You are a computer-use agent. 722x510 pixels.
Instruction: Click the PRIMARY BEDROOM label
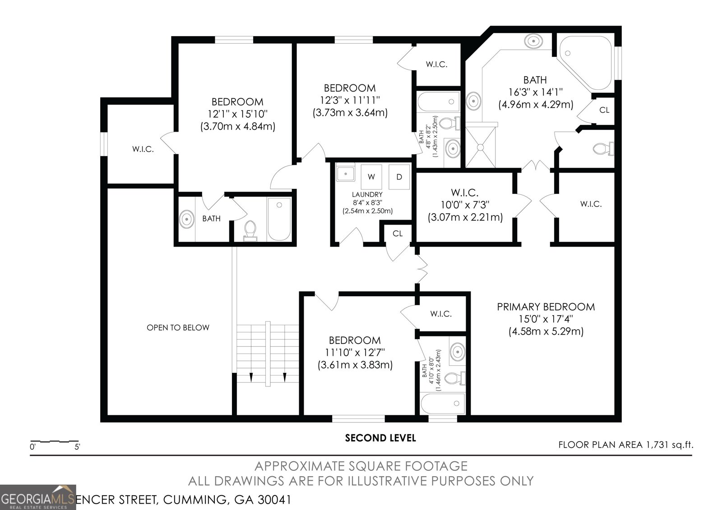click(546, 307)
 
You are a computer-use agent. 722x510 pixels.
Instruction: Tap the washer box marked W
click(371, 177)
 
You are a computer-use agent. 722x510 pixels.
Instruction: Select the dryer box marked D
click(399, 177)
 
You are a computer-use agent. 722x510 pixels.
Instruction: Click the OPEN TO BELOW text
click(178, 328)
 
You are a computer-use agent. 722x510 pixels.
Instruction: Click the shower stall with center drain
click(480, 146)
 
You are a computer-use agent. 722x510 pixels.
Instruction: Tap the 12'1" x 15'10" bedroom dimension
click(237, 114)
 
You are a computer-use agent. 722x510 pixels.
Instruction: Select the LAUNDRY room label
click(367, 195)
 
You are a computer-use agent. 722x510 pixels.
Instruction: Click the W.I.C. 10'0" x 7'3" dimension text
click(465, 205)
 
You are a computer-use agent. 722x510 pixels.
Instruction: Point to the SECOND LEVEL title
click(380, 438)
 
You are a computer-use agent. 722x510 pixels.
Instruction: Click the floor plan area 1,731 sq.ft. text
click(625, 445)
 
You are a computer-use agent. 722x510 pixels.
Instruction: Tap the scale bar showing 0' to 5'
click(54, 442)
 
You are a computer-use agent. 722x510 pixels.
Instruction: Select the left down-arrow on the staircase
click(251, 377)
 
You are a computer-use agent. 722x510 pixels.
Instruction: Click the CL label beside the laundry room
click(397, 234)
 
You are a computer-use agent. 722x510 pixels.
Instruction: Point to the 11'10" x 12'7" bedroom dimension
click(354, 353)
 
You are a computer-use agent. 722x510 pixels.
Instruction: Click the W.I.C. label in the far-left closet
click(143, 149)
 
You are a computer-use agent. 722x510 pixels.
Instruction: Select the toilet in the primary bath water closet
click(602, 148)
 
